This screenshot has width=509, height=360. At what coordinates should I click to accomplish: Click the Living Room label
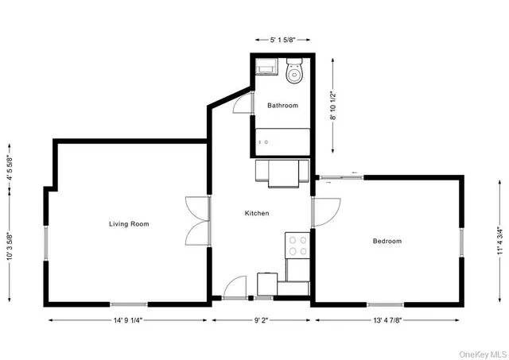click(x=129, y=224)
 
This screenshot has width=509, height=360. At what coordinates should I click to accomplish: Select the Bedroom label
click(x=387, y=241)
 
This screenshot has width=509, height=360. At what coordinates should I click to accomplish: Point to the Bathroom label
click(x=282, y=106)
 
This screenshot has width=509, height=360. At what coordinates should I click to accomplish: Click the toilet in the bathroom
click(x=294, y=73)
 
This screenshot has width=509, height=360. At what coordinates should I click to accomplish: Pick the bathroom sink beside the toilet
click(x=266, y=68)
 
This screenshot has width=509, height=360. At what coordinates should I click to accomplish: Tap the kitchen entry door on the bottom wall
click(x=236, y=288)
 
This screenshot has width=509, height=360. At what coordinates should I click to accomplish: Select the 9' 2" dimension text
click(x=262, y=321)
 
